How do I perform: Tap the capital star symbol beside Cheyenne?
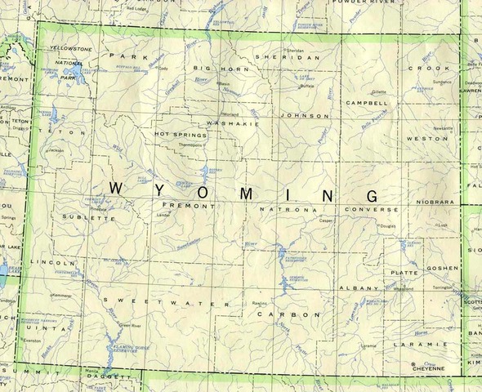[414, 364]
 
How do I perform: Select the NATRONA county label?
[281, 210]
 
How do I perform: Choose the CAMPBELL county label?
[367, 104]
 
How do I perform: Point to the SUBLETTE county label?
[82, 218]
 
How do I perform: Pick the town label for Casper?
[327, 220]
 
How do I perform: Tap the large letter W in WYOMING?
[117, 188]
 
